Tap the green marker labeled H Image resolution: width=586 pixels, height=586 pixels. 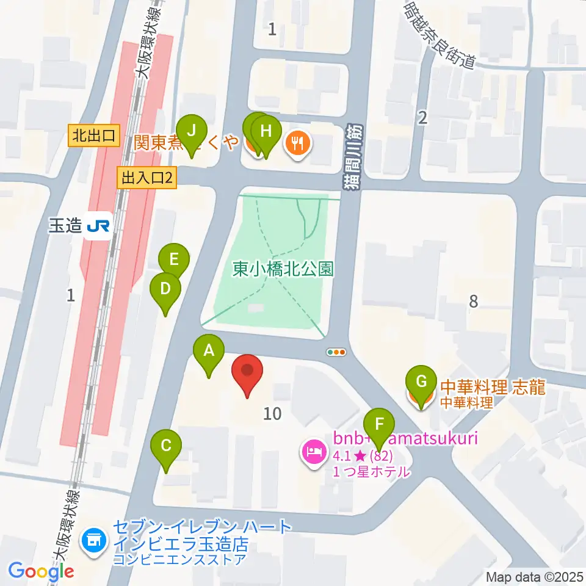click(266, 131)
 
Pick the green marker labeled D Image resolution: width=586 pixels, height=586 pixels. click(165, 288)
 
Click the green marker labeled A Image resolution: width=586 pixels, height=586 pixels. click(209, 352)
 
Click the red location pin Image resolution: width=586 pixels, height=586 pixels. click(247, 371)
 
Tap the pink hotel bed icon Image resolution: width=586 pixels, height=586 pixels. click(314, 453)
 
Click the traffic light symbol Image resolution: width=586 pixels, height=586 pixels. click(336, 352)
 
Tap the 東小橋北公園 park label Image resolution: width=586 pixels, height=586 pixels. click(283, 269)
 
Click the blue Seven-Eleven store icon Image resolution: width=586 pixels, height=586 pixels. click(93, 540)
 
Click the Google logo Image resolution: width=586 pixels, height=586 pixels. click(42, 571)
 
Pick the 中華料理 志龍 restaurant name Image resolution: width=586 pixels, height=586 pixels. click(493, 387)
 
